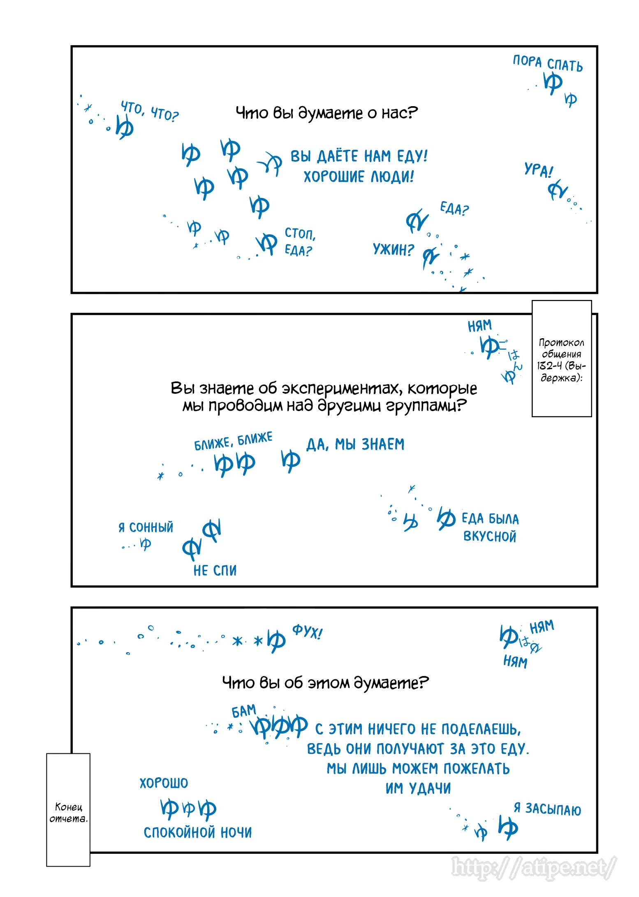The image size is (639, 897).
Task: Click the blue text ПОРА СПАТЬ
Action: pyautogui.click(x=547, y=63)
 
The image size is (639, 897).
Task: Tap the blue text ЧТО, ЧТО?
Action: pyautogui.click(x=150, y=111)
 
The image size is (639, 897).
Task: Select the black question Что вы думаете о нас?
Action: pyautogui.click(x=326, y=113)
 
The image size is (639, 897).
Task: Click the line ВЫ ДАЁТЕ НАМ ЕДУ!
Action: pyautogui.click(x=359, y=156)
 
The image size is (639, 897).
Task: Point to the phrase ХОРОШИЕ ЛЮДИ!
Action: pyautogui.click(x=359, y=177)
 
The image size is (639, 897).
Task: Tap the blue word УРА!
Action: pyautogui.click(x=538, y=170)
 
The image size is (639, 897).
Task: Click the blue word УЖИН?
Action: pyautogui.click(x=393, y=249)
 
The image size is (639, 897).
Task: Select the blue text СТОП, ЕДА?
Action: pyautogui.click(x=300, y=242)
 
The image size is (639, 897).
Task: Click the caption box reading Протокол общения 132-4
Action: pyautogui.click(x=561, y=359)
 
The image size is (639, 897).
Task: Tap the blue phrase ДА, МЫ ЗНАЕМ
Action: pyautogui.click(x=355, y=444)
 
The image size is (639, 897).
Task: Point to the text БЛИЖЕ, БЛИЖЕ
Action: pyautogui.click(x=233, y=441)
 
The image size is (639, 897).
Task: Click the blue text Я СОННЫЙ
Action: pyautogui.click(x=146, y=527)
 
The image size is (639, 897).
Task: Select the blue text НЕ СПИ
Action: pyautogui.click(x=215, y=570)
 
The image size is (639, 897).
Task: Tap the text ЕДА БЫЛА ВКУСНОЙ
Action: pyautogui.click(x=490, y=528)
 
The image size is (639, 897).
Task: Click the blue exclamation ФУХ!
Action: pyautogui.click(x=307, y=632)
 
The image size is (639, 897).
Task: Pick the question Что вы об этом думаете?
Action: pyautogui.click(x=325, y=683)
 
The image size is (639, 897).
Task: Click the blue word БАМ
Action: pyautogui.click(x=244, y=711)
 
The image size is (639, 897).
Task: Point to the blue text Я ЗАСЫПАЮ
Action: pyautogui.click(x=547, y=809)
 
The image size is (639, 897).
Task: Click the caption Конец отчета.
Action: pyautogui.click(x=68, y=812)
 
